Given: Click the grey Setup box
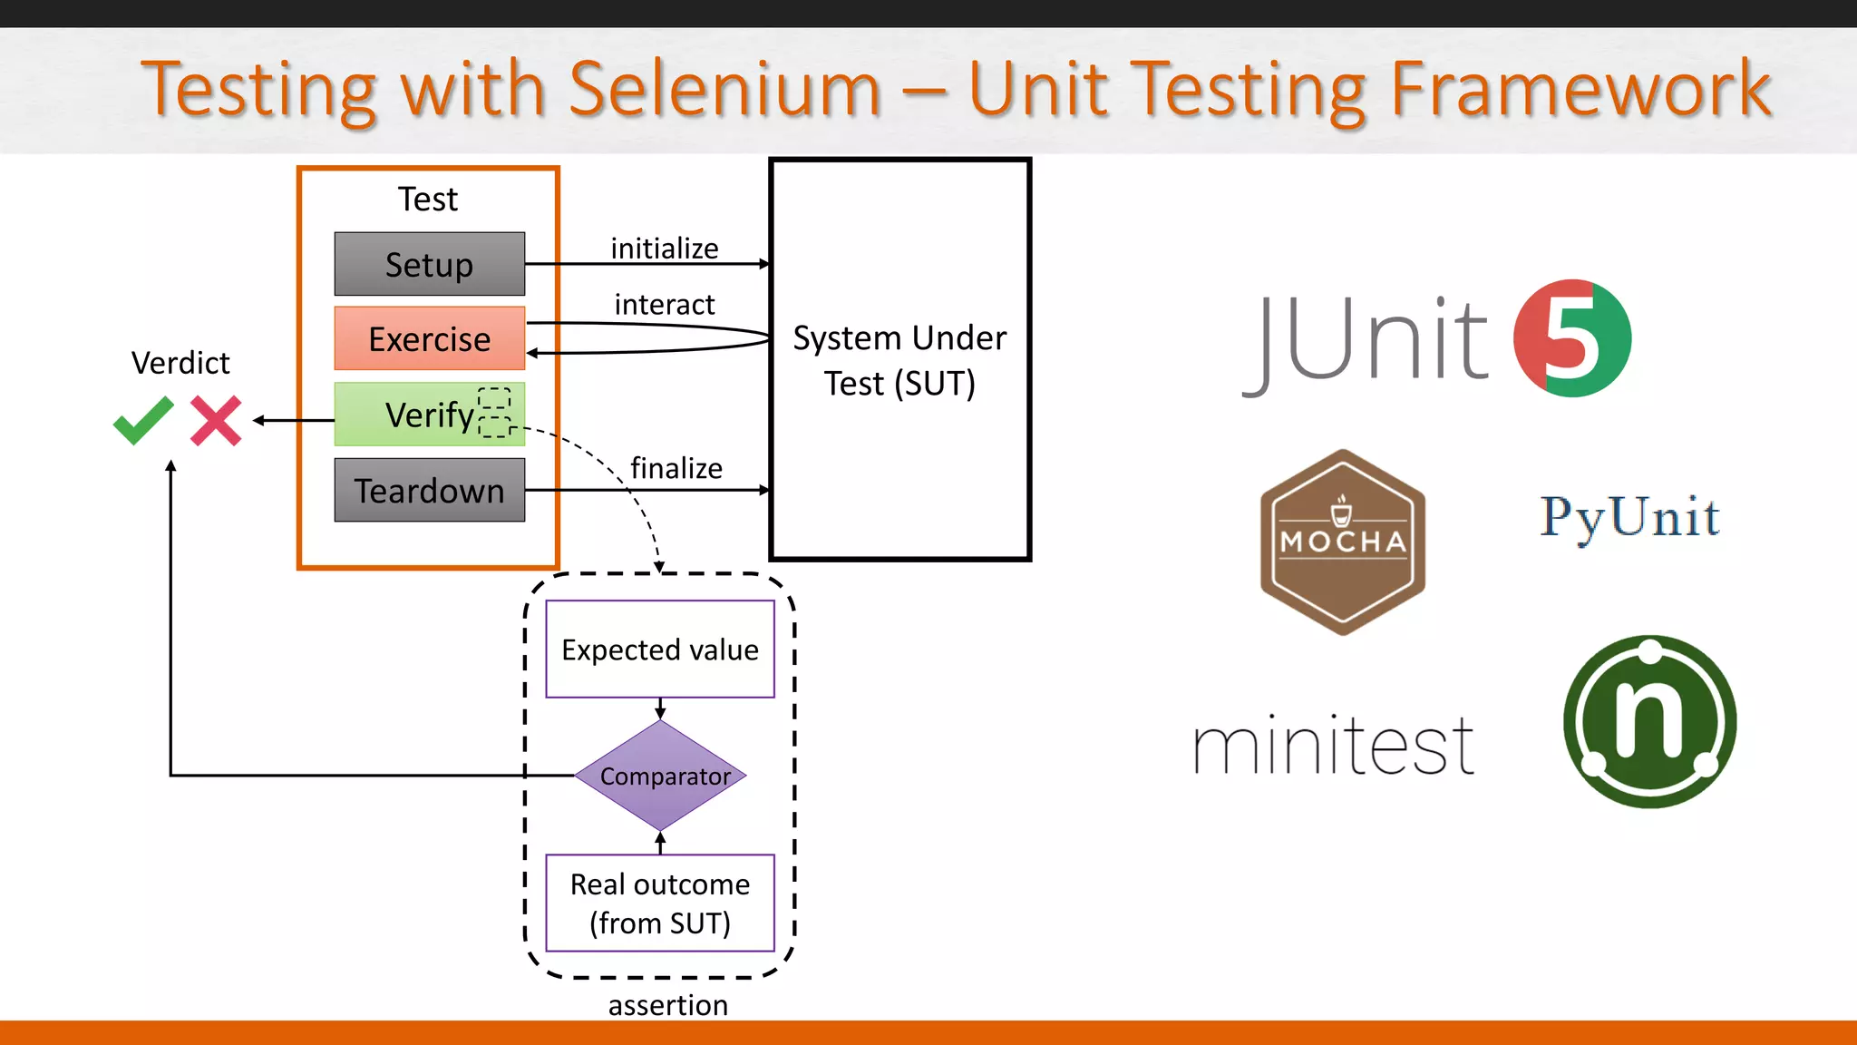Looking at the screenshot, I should (x=429, y=264).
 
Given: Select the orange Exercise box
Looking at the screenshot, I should (x=429, y=338).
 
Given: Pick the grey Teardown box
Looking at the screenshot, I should (x=429, y=490).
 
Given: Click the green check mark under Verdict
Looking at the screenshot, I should (x=143, y=420).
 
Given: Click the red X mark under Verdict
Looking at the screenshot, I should (x=216, y=420).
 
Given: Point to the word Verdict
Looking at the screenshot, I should (x=180, y=363).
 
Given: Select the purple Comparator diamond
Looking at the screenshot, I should (x=661, y=776).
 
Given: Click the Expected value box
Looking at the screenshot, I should (x=660, y=649).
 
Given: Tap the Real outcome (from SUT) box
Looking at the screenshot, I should (x=660, y=903).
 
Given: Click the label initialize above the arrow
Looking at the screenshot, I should (x=665, y=248).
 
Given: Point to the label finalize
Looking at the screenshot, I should (x=676, y=468).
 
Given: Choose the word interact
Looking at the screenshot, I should (x=665, y=304).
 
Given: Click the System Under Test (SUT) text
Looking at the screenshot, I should (x=899, y=360).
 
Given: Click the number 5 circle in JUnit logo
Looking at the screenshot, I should (x=1572, y=338).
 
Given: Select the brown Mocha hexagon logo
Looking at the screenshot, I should (x=1342, y=542).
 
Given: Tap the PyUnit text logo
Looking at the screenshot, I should (x=1629, y=517).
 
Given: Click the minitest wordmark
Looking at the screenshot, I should (x=1334, y=746).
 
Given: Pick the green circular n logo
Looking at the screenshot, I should (x=1649, y=722).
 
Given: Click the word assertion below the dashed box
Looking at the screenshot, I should (x=668, y=1005).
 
